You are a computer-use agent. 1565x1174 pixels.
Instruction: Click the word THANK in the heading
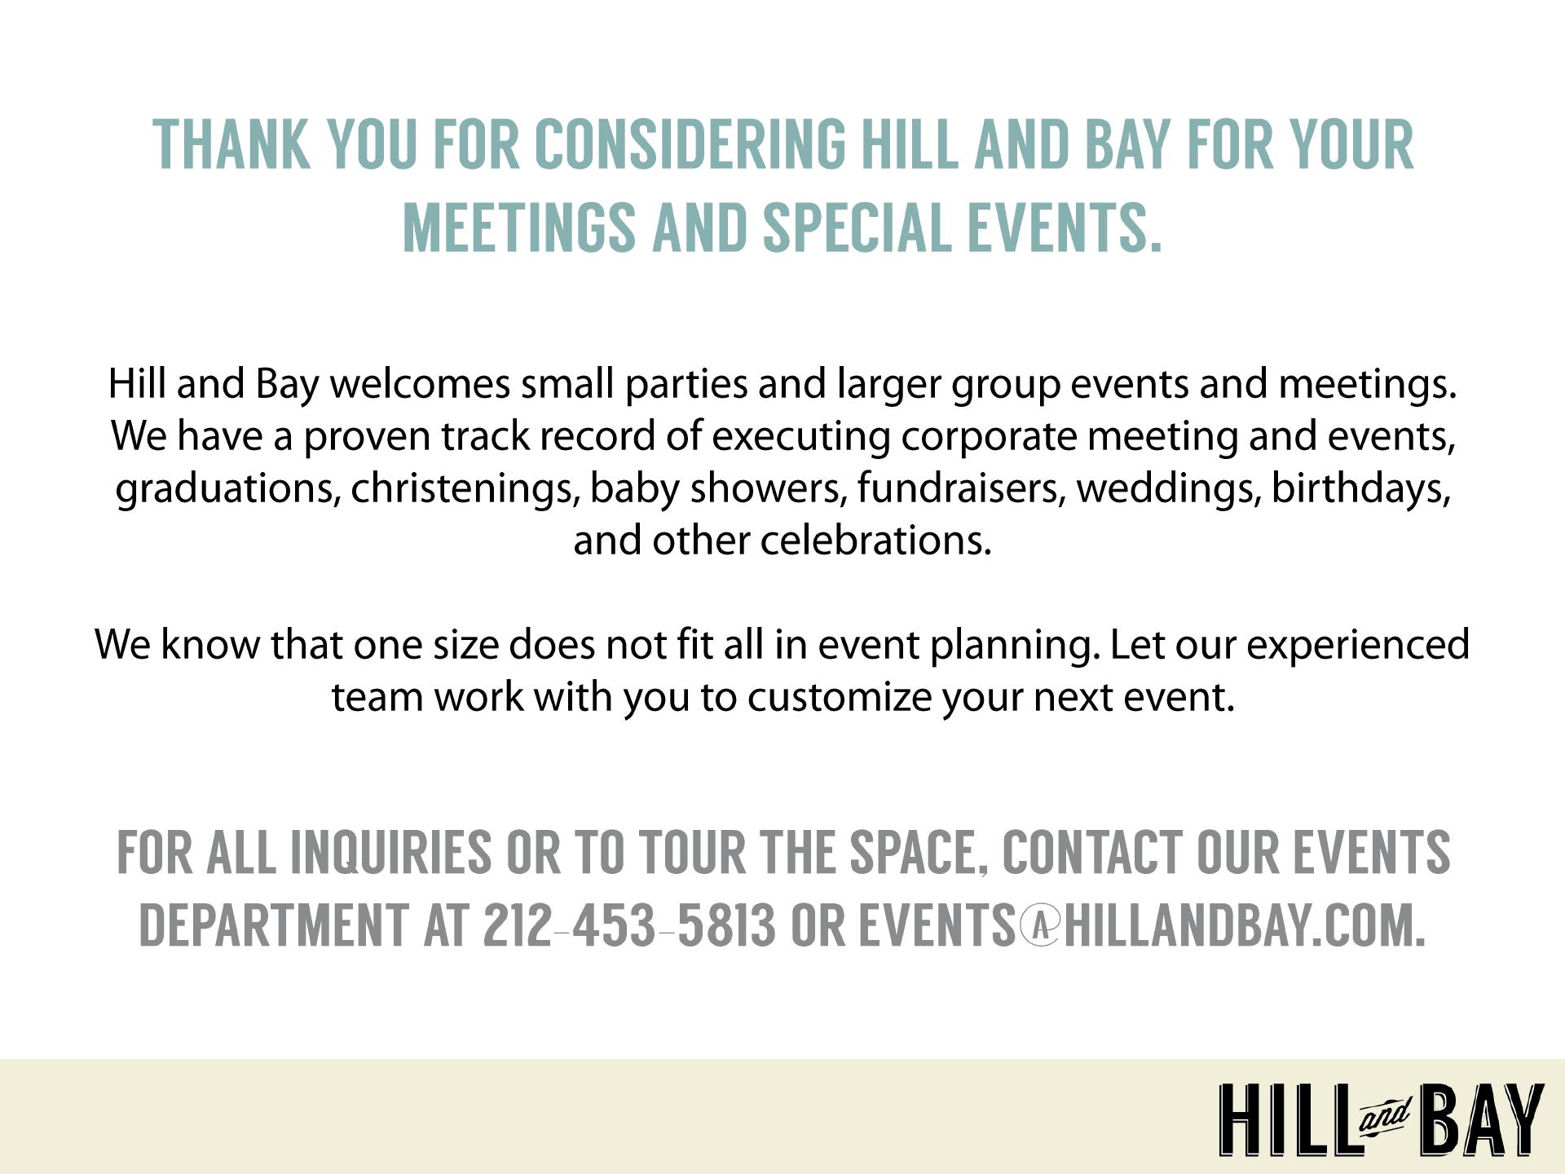[232, 144]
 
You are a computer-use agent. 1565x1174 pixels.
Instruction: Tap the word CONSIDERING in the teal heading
[690, 144]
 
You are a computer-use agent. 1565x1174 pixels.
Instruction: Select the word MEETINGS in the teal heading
[519, 226]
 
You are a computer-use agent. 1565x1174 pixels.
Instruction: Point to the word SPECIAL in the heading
[857, 226]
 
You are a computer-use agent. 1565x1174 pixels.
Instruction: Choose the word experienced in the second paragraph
[1358, 646]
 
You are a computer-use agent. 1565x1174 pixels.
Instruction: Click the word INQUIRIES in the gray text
[390, 852]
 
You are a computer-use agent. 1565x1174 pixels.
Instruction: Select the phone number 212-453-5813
[629, 925]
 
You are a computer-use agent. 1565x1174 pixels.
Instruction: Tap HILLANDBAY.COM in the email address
[1245, 925]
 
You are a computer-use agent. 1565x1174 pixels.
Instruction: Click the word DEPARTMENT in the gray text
[274, 925]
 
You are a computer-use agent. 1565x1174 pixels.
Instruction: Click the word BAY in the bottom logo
[1480, 1119]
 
